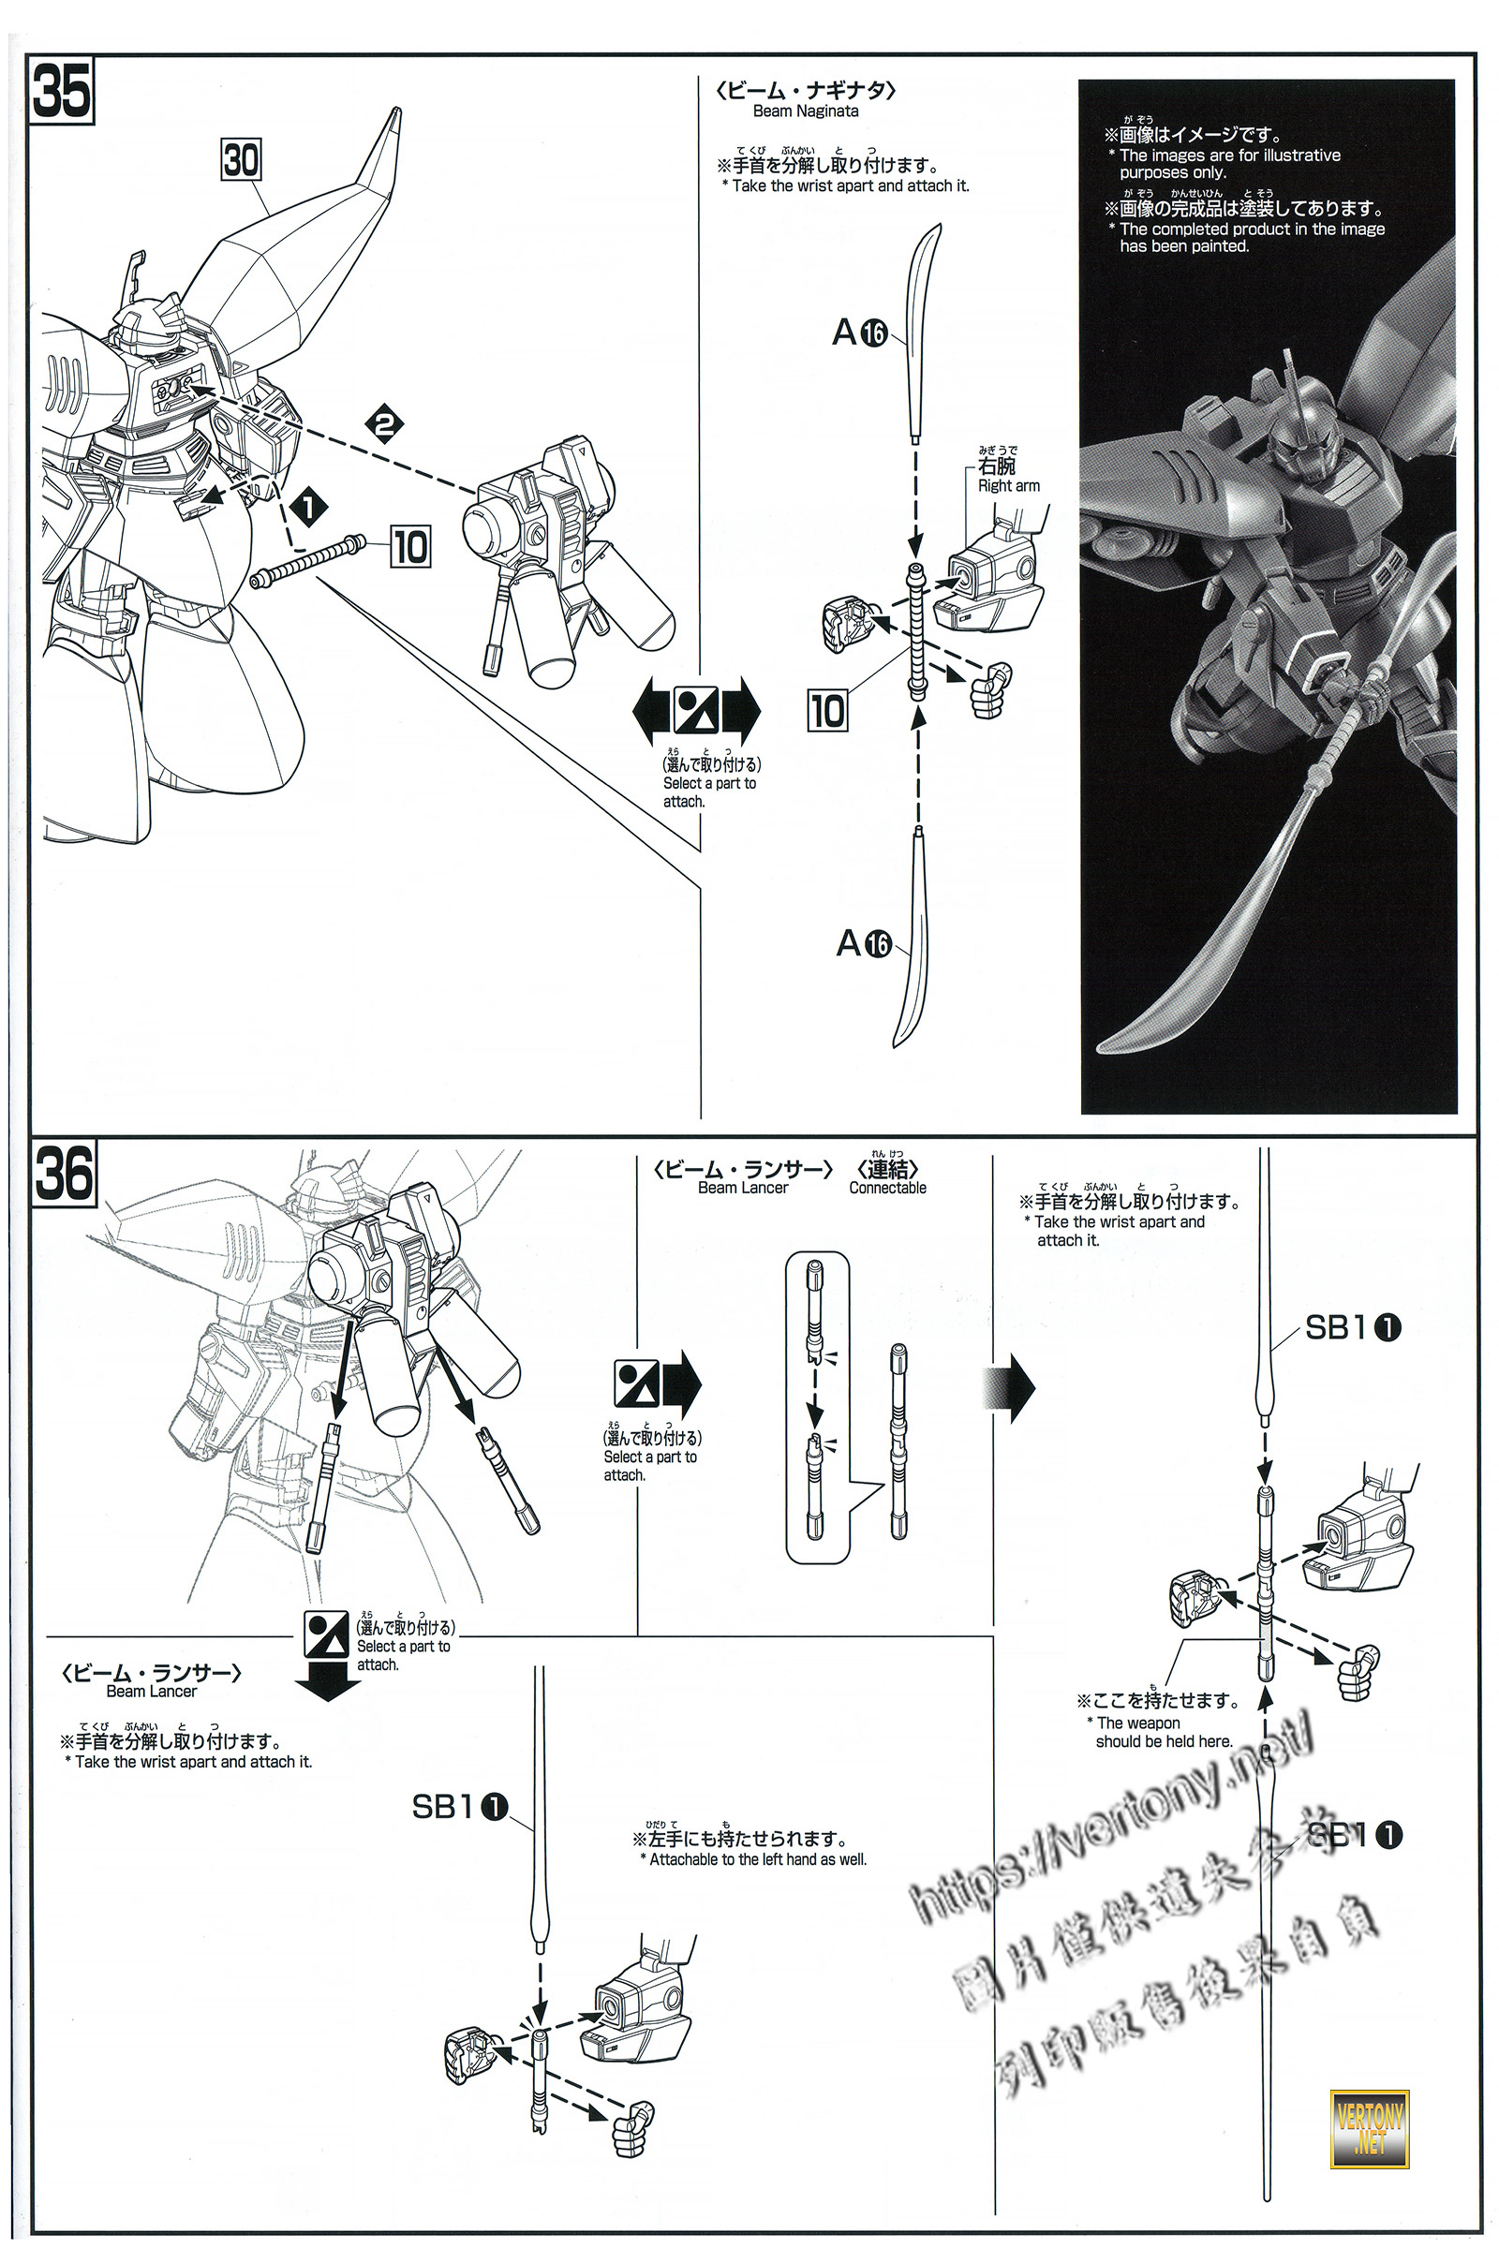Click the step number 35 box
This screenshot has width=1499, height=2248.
tap(63, 91)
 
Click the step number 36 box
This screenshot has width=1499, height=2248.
tap(64, 1173)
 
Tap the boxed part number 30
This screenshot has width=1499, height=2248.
tap(241, 159)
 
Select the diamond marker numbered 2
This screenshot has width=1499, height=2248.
tap(384, 423)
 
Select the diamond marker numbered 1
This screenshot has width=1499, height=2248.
tap(308, 508)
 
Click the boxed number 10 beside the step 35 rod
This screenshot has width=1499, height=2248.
tap(410, 548)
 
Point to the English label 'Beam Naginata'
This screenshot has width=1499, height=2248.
tap(805, 111)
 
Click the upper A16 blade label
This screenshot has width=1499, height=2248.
tap(859, 333)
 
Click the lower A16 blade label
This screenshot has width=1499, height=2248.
tap(863, 943)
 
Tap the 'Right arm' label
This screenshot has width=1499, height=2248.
tap(1008, 485)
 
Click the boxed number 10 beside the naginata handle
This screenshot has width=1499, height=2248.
tap(828, 710)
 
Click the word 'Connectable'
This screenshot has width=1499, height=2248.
tap(887, 1188)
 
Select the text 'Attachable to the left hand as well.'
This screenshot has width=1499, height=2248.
tap(757, 1860)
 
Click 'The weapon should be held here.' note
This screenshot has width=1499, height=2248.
tap(1163, 1732)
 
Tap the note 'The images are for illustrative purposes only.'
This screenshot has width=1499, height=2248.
tap(1229, 163)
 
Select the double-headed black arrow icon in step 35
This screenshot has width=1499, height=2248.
tap(696, 711)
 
